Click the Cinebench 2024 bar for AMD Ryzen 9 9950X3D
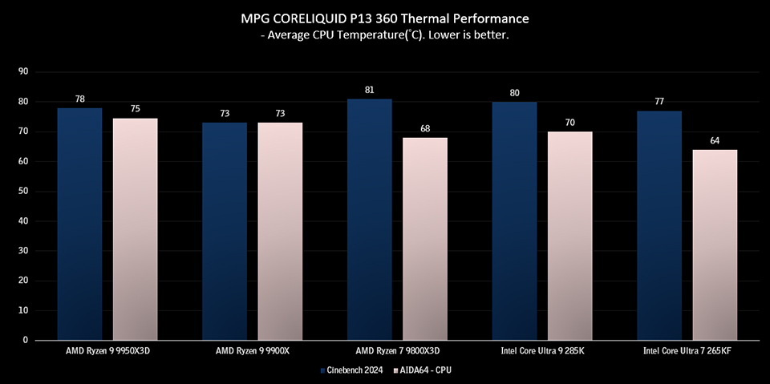(x=79, y=224)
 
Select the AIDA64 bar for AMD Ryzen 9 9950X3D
(x=135, y=228)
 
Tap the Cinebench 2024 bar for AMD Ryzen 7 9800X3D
(x=369, y=219)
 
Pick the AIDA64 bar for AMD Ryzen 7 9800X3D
(x=424, y=238)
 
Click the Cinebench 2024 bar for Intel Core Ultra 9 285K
(x=514, y=220)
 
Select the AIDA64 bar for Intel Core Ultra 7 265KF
(x=715, y=245)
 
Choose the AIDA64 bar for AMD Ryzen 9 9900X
(x=280, y=231)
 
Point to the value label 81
(x=369, y=90)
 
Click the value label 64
(x=715, y=140)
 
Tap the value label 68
(x=424, y=128)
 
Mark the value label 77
(x=659, y=102)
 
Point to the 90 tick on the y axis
(x=22, y=71)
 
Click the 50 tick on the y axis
(x=22, y=191)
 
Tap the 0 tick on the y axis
(x=26, y=340)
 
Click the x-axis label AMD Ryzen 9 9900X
(x=252, y=351)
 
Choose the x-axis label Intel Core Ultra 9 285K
(x=541, y=351)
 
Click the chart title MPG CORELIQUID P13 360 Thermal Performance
(x=385, y=17)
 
